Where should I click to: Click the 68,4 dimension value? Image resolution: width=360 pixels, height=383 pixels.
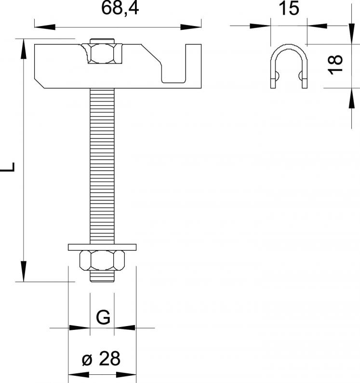click(120, 9)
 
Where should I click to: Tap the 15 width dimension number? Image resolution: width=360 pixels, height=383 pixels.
click(289, 8)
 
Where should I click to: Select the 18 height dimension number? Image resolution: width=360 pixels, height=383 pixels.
click(335, 65)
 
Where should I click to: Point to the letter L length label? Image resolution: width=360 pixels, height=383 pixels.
click(8, 167)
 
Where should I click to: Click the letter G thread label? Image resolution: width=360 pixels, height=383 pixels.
click(103, 317)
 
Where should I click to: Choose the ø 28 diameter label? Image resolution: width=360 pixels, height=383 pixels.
click(101, 358)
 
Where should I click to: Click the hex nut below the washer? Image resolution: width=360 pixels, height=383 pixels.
click(102, 260)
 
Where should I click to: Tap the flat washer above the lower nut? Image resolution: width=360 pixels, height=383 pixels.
click(102, 247)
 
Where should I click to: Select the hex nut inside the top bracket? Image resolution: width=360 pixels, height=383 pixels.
click(102, 54)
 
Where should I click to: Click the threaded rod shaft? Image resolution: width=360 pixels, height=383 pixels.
click(102, 166)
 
